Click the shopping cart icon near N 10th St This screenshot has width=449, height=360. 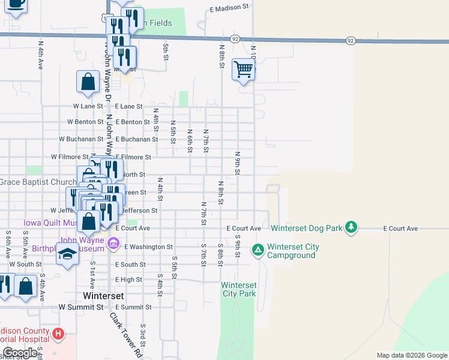pos(243,70)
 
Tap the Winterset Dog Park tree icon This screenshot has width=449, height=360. pos(352,228)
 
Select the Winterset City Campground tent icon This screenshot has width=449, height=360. pos(258,249)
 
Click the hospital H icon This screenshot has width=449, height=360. pos(58,333)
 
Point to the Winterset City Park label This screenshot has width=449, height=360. pos(239,289)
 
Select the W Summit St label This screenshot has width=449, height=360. pos(80,307)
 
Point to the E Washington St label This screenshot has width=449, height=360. pos(148,247)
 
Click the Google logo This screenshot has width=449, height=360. pos(20,353)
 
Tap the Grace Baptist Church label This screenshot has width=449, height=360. pos(38,182)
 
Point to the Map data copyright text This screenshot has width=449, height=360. pos(411,355)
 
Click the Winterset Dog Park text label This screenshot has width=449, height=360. pos(306,229)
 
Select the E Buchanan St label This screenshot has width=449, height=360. pos(137,139)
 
